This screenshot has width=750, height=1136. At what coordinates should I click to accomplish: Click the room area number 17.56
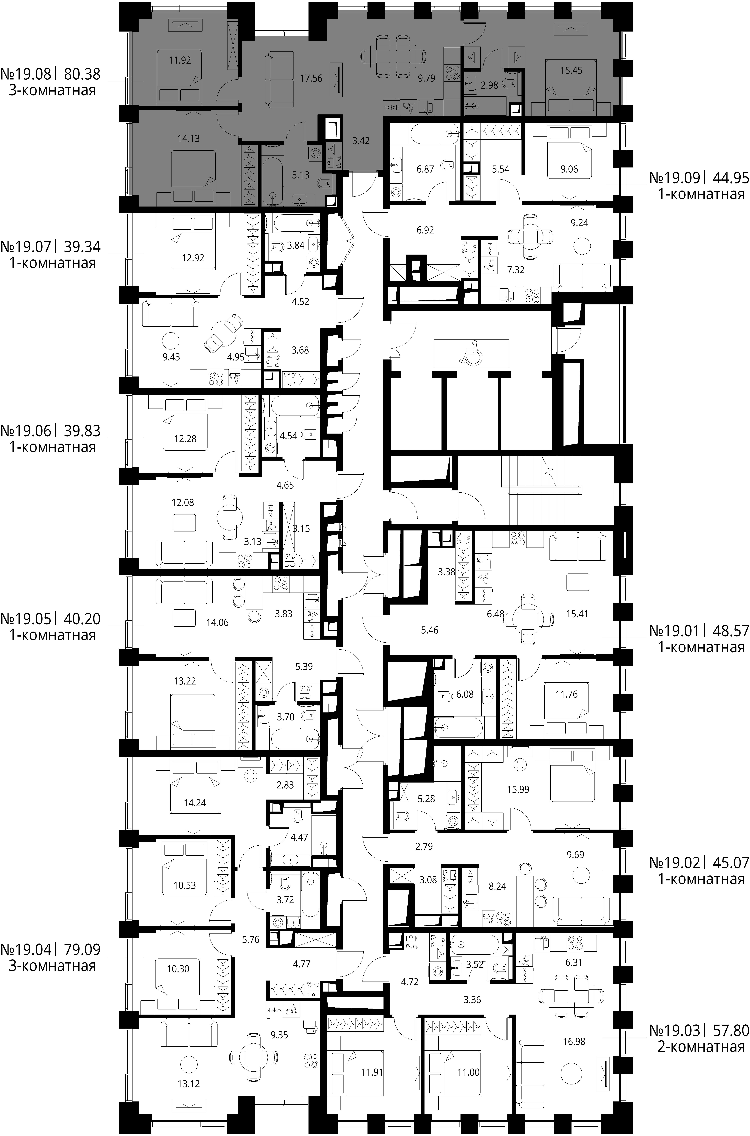(x=311, y=78)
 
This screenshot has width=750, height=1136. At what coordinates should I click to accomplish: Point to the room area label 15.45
(x=571, y=70)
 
